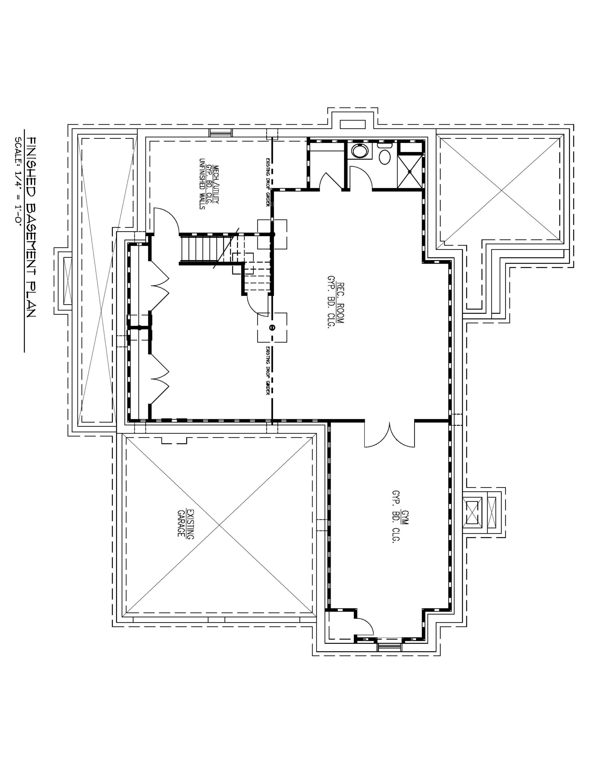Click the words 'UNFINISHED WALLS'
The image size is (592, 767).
pos(202,184)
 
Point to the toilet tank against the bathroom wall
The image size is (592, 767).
pos(385,144)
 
